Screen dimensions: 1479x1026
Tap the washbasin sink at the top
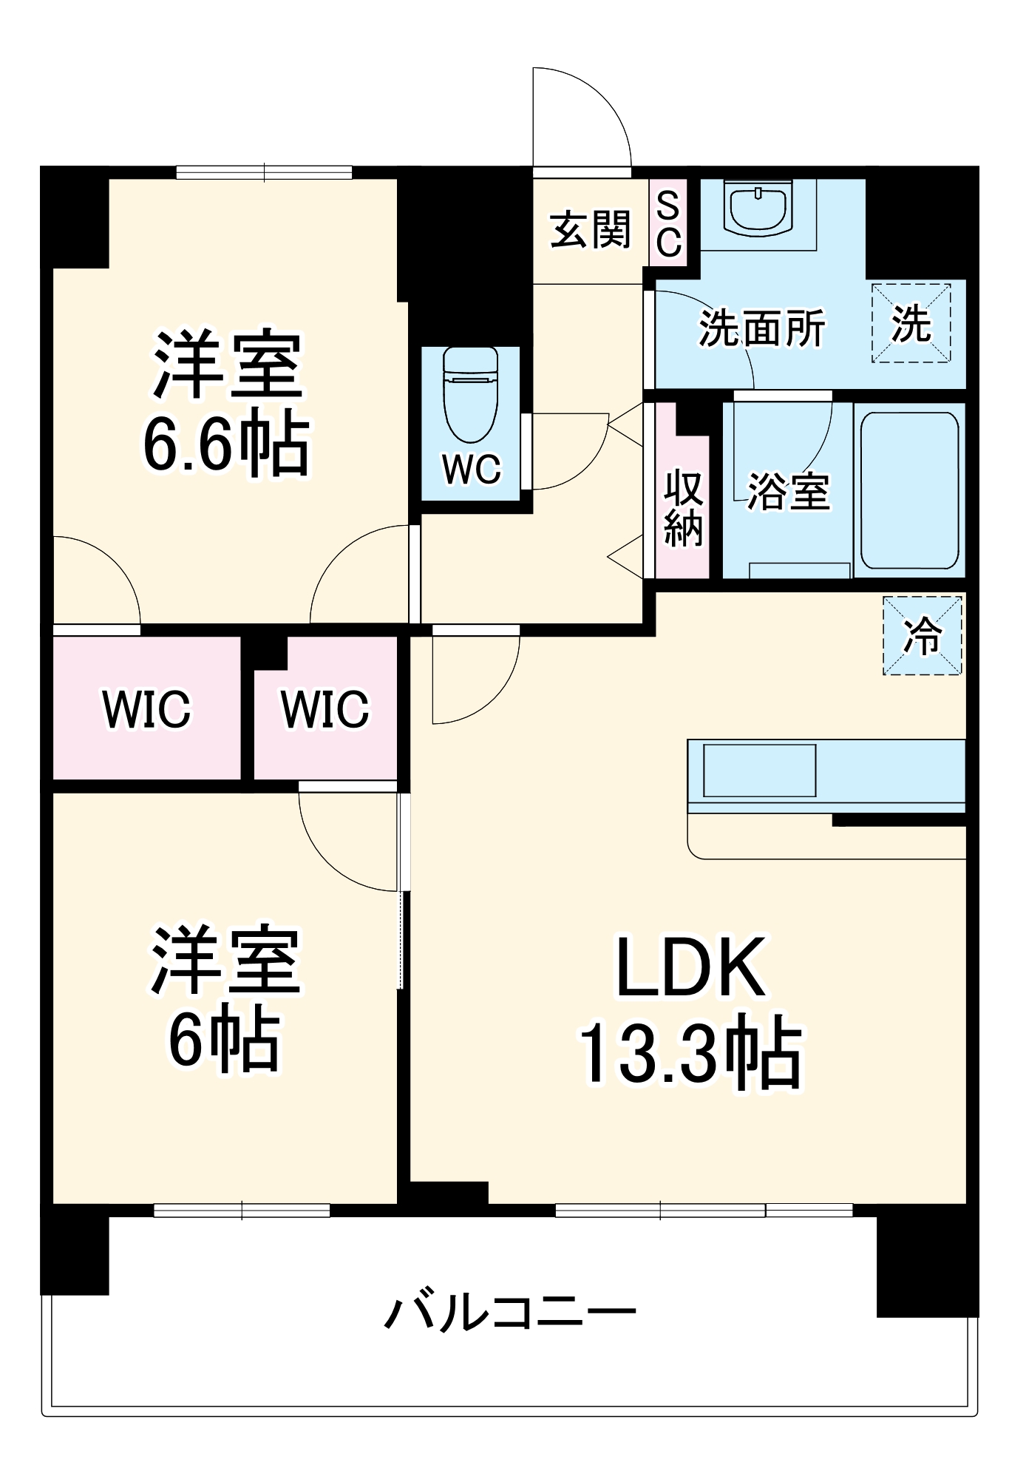click(758, 207)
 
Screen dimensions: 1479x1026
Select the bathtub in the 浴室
click(910, 490)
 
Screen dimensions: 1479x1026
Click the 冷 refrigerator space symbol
click(923, 635)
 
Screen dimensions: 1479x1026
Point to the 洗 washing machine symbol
click(911, 324)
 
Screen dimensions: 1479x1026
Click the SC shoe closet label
click(668, 223)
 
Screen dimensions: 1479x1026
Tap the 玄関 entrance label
click(590, 229)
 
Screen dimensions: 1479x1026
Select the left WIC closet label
click(146, 709)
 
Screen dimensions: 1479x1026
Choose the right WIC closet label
click(325, 709)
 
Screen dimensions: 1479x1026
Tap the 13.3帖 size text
click(690, 1055)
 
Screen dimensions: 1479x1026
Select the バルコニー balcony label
click(510, 1313)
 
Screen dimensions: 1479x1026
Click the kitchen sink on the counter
click(759, 771)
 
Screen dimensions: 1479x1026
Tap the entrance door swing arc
click(591, 111)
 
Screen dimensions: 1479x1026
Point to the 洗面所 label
click(761, 328)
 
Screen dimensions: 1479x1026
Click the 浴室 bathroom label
click(788, 490)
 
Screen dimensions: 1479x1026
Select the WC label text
click(472, 469)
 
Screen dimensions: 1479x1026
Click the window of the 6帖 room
click(242, 1211)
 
